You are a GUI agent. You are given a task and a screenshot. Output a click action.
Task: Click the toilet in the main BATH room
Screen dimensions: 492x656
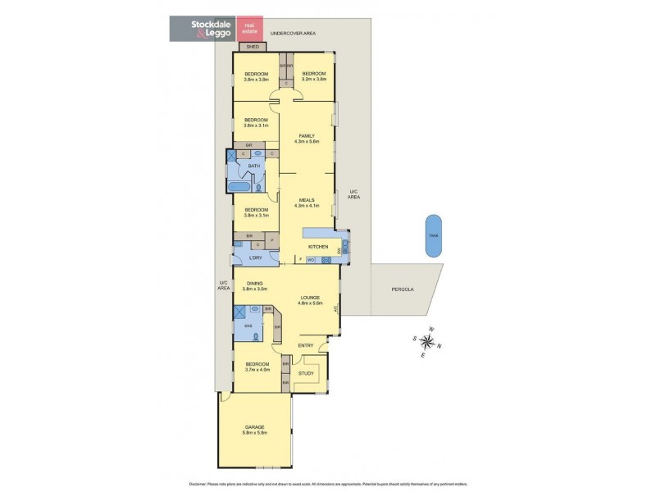click(259, 188)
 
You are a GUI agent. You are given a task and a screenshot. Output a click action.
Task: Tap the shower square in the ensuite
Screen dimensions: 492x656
click(241, 312)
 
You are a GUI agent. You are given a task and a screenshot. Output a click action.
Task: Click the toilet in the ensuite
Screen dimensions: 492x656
click(257, 336)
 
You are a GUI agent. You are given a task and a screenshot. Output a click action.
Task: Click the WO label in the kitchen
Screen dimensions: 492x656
click(312, 260)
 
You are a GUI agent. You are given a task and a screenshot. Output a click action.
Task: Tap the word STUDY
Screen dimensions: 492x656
click(305, 373)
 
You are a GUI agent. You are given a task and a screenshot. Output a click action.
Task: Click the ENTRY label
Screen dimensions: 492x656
click(305, 345)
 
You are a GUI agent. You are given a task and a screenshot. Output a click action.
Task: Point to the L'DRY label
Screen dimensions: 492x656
click(255, 258)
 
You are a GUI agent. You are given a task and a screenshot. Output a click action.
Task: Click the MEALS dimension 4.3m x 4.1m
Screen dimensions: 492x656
click(307, 205)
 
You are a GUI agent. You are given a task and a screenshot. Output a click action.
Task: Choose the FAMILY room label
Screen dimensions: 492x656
click(307, 135)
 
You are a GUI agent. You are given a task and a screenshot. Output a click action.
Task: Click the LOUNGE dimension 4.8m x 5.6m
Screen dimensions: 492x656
click(308, 303)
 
